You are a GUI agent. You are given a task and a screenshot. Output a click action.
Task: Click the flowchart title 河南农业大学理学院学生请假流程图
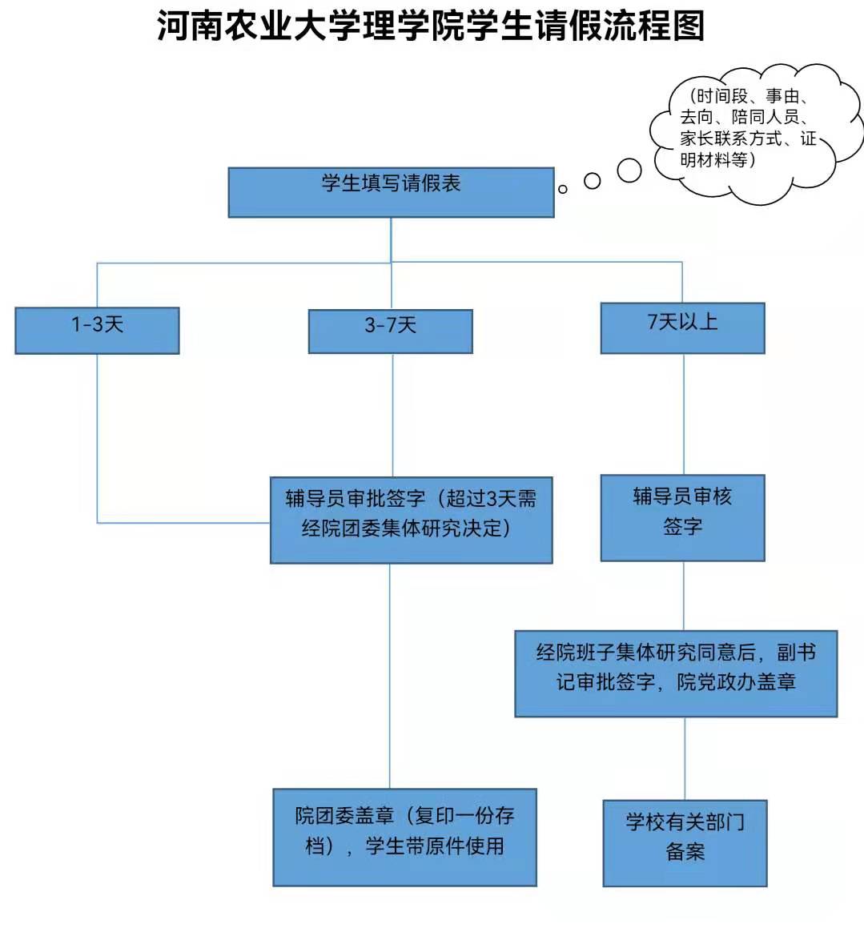click(x=431, y=26)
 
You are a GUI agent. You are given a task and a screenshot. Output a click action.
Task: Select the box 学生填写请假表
click(x=391, y=192)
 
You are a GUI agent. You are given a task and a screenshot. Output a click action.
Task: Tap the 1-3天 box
click(x=97, y=330)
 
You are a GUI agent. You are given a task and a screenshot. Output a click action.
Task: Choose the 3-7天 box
click(x=391, y=331)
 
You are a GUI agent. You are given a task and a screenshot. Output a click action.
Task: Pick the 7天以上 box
click(x=683, y=327)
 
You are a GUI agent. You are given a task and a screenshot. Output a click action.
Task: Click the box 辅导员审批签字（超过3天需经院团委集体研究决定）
click(x=412, y=520)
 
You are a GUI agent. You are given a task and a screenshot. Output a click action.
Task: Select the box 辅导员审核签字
click(x=683, y=517)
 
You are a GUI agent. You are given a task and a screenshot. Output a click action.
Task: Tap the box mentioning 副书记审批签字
click(x=676, y=673)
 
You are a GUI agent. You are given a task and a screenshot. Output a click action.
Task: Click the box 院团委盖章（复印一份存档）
click(x=404, y=837)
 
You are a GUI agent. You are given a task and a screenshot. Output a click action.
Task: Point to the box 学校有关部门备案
click(x=685, y=843)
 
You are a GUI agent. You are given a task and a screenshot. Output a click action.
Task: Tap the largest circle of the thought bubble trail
click(x=629, y=170)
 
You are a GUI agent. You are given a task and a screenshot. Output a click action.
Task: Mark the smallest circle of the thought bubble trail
click(x=562, y=189)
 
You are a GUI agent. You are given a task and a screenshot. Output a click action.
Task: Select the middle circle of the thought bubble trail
click(x=592, y=181)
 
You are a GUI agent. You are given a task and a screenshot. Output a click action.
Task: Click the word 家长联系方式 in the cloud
click(x=730, y=139)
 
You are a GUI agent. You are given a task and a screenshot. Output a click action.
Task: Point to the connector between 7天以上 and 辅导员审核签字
click(x=684, y=414)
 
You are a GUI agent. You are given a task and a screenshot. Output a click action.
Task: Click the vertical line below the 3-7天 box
click(x=392, y=415)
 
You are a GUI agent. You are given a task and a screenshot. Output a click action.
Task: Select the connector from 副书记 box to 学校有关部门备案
click(x=685, y=758)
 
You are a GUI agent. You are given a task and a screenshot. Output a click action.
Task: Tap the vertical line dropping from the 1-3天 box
click(x=98, y=436)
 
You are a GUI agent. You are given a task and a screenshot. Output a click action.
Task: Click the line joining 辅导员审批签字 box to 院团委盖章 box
click(x=390, y=676)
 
